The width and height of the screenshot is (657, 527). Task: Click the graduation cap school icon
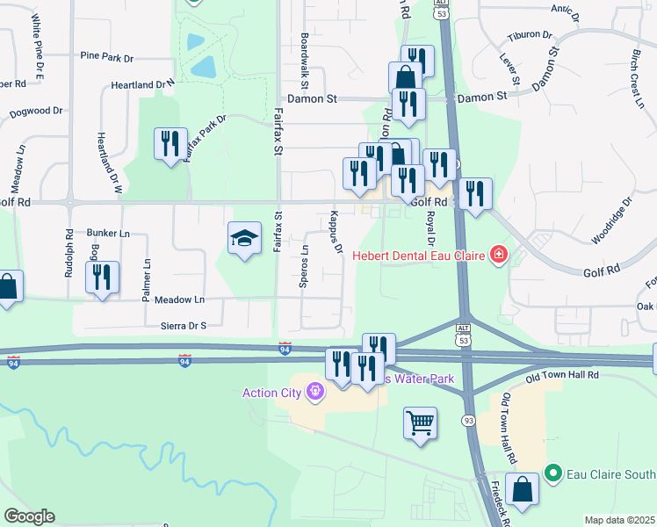[x=245, y=239]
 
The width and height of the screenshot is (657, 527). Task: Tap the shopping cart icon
[x=421, y=422]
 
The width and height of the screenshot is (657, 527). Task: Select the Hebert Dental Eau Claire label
[x=421, y=256]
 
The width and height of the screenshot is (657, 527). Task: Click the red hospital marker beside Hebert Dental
[x=499, y=256]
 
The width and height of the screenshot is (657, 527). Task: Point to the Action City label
[x=271, y=392]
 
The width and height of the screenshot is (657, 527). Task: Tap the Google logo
[x=29, y=516]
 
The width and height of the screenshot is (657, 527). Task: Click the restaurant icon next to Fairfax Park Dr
[x=170, y=144]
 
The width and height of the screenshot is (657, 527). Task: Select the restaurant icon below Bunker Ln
[x=102, y=278]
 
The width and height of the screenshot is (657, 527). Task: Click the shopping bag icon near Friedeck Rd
[x=522, y=492]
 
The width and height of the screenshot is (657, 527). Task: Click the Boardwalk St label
[x=304, y=62]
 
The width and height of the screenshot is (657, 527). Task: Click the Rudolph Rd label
[x=69, y=254]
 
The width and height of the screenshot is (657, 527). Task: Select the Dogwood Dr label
[x=36, y=112]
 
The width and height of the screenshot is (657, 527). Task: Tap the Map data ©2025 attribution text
[x=618, y=520]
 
